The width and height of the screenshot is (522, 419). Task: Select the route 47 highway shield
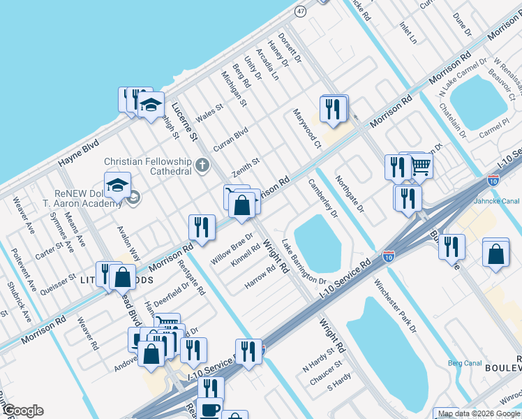(300, 11)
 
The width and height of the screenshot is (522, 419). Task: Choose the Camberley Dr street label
(322, 198)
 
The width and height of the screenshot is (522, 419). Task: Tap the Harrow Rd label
(260, 279)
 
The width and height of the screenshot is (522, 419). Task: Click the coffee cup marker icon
(209, 409)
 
